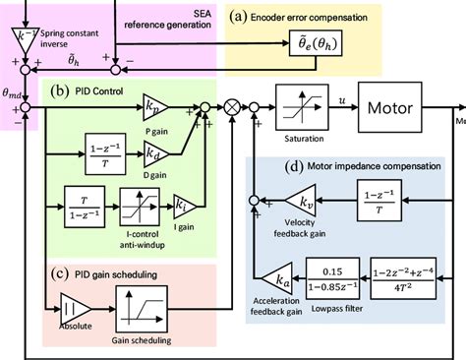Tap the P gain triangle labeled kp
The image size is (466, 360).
coord(153,104)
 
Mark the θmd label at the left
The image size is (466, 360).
coord(16,91)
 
